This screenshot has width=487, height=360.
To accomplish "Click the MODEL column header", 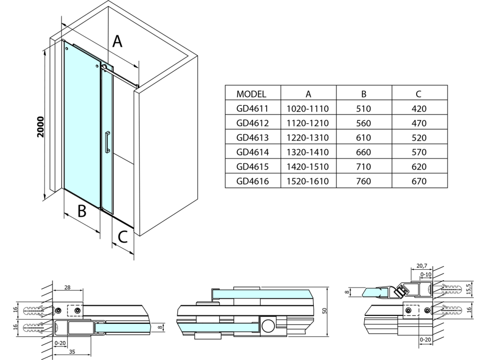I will [x=251, y=94].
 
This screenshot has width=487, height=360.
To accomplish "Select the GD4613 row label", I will [x=252, y=138].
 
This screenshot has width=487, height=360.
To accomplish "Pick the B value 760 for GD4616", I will [x=363, y=182].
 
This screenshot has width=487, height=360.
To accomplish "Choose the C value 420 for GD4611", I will [x=418, y=109].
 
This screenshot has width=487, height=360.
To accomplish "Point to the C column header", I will [x=418, y=94].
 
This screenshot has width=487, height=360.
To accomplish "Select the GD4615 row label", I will [x=252, y=167].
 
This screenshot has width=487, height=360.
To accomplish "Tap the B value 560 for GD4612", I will [x=363, y=124].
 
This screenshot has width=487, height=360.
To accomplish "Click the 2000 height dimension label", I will [x=40, y=126].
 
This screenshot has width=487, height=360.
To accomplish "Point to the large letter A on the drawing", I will [x=118, y=41].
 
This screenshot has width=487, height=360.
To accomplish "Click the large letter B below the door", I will [x=82, y=211].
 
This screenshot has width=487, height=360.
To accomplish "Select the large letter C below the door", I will [x=123, y=237].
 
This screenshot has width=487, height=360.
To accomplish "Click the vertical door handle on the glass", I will [x=107, y=142].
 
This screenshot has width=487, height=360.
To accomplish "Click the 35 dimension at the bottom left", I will [x=70, y=353].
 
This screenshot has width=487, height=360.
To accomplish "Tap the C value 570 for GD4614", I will [x=418, y=153].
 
